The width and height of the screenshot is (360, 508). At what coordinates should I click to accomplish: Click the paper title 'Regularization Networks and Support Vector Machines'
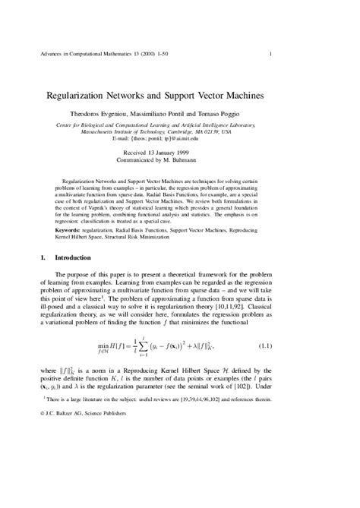point(179,97)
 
